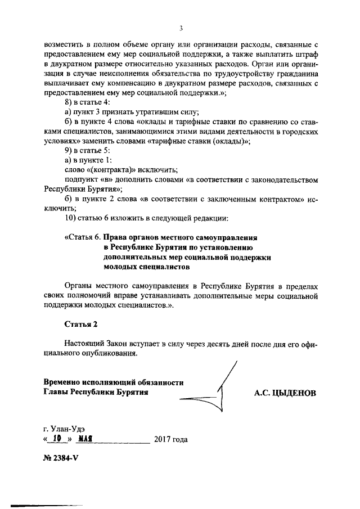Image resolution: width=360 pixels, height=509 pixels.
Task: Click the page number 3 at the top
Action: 181,27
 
